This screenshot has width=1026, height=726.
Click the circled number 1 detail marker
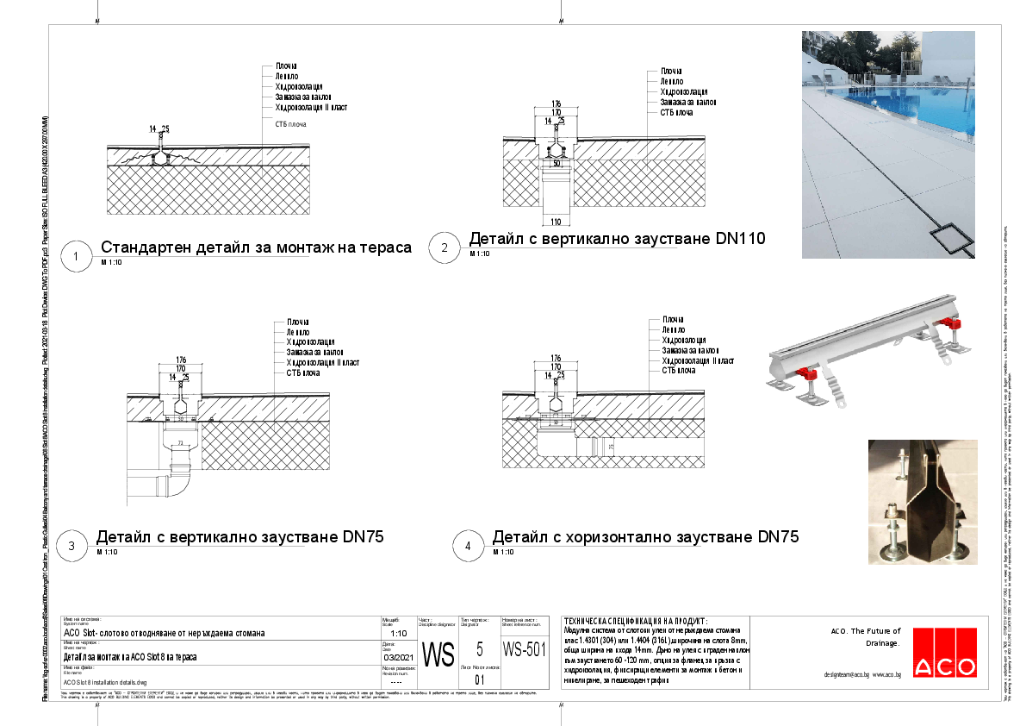click(77, 256)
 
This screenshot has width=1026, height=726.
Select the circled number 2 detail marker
click(445, 248)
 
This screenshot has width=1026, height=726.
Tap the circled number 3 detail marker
click(72, 546)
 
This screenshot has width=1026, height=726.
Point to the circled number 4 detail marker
click(468, 546)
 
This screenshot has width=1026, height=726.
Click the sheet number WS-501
click(524, 649)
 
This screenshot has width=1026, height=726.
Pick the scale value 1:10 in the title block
click(388, 632)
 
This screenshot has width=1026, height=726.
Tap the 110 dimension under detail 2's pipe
click(556, 222)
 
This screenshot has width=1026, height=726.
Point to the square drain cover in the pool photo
click(953, 239)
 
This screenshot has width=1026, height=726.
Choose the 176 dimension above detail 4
click(556, 358)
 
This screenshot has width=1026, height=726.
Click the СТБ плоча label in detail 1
click(291, 124)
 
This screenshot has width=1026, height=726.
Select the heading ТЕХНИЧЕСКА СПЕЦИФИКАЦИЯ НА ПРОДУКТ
click(633, 621)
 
